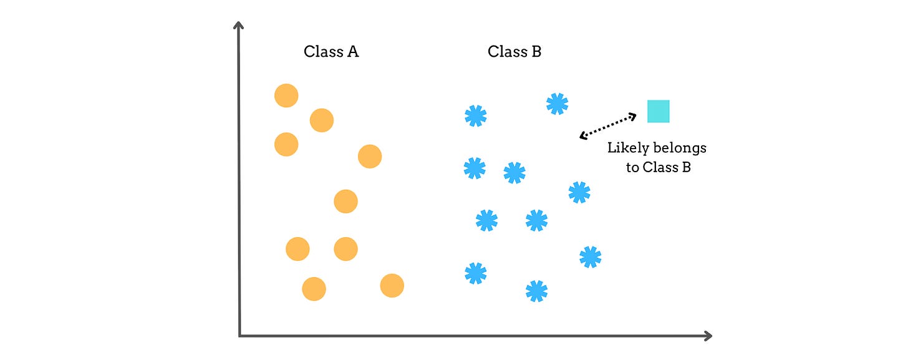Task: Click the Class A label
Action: tap(331, 52)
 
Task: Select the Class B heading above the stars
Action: tap(514, 52)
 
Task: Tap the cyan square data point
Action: tap(658, 111)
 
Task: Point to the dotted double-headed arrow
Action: tap(608, 125)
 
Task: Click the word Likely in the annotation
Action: tap(628, 148)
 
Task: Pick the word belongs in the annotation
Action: tap(680, 148)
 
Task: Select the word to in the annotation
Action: tap(633, 167)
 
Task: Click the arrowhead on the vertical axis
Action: tap(238, 25)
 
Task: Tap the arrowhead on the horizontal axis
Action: tap(708, 336)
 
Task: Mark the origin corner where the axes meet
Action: tap(239, 336)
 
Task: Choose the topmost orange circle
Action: tap(286, 95)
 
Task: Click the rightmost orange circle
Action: tap(392, 286)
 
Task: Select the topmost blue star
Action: tap(557, 104)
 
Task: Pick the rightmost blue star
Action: tap(590, 256)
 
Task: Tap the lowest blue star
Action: tap(536, 291)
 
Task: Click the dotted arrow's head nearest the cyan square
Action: tap(634, 115)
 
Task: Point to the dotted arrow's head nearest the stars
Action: tap(582, 135)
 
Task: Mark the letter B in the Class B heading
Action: tap(536, 52)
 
